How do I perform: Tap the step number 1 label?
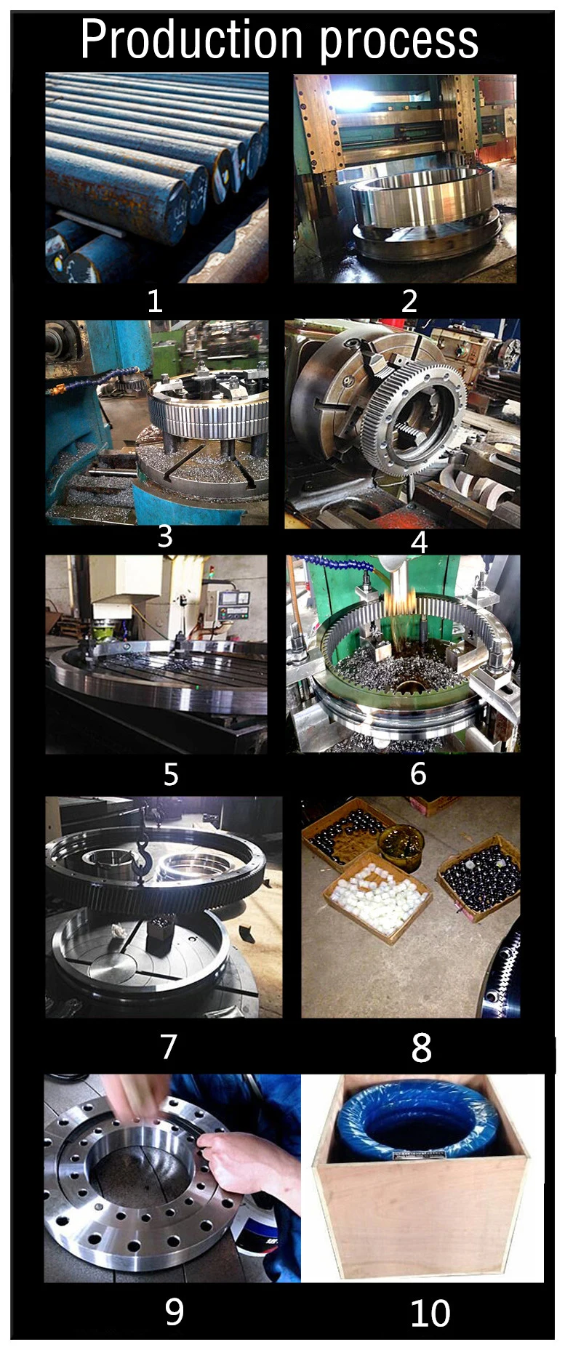click(154, 300)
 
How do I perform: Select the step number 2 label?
click(409, 300)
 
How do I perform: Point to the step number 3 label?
click(165, 536)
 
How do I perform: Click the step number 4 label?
click(420, 542)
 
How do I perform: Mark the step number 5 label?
click(171, 774)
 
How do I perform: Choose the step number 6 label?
click(418, 774)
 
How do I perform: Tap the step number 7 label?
click(169, 1046)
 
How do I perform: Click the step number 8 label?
click(422, 1048)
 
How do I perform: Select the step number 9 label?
click(175, 1311)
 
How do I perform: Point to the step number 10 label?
click(430, 1313)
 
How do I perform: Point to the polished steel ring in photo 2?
click(425, 203)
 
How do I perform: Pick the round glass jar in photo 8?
click(401, 846)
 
